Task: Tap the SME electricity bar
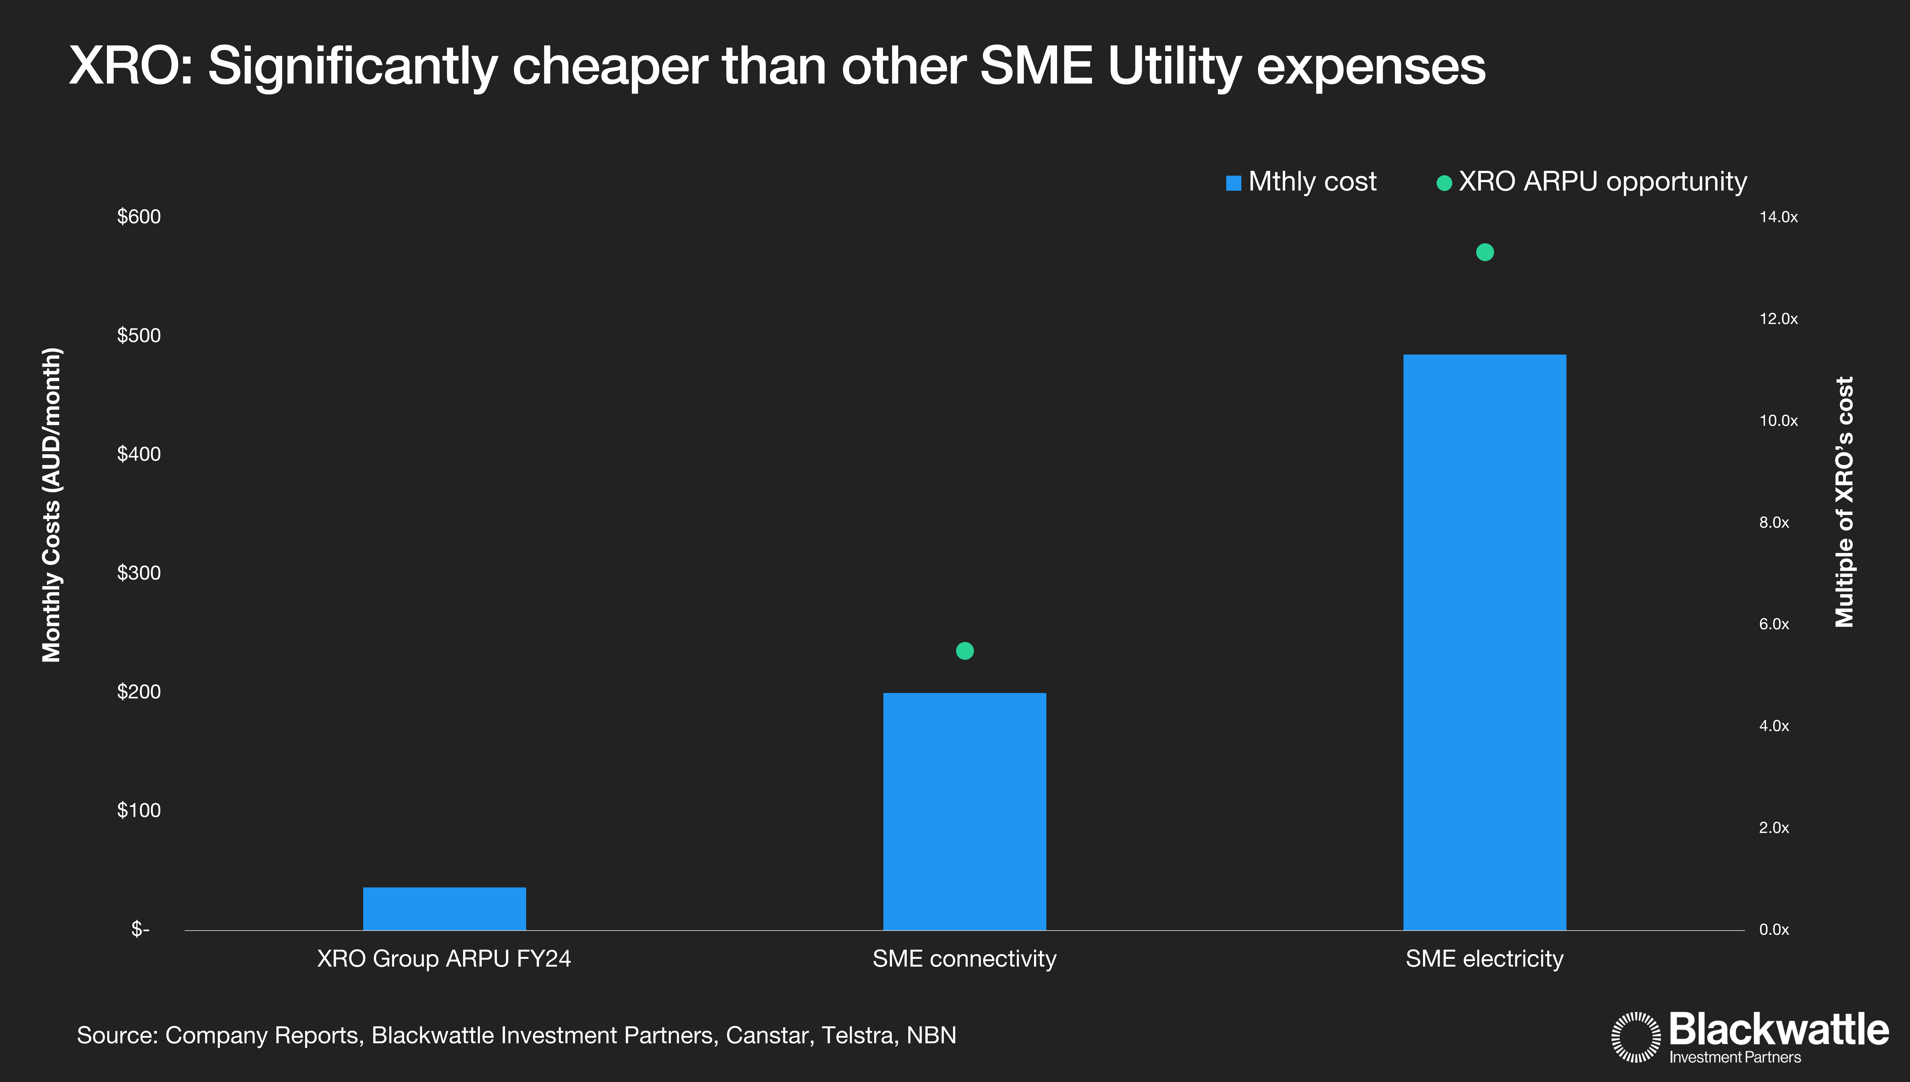(1484, 642)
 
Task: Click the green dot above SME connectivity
(964, 651)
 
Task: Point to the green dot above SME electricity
(1484, 253)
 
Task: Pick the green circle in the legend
(1444, 183)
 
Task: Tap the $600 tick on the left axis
(139, 217)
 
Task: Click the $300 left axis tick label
(139, 573)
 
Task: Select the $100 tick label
(139, 810)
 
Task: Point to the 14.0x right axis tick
(1778, 217)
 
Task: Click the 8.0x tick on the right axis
(1774, 522)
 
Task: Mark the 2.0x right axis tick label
(1774, 828)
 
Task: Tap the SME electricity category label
(1484, 959)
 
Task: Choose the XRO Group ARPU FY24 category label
(444, 959)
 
